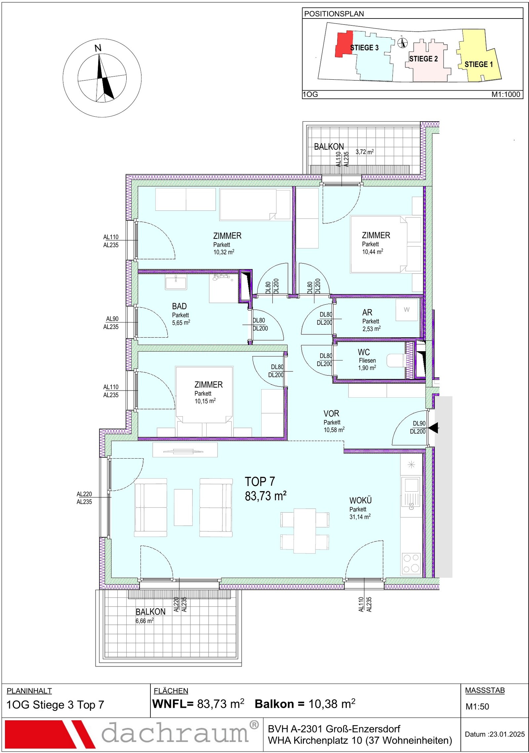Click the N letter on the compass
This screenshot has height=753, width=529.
(x=98, y=48)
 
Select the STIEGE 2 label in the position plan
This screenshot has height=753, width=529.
(x=423, y=59)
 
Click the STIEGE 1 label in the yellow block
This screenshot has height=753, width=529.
(x=478, y=64)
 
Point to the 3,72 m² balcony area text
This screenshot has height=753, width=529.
(x=365, y=152)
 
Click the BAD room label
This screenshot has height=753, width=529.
(x=179, y=306)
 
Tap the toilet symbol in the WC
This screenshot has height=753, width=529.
(x=396, y=360)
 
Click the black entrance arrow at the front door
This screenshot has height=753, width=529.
(x=433, y=428)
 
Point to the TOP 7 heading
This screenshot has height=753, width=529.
(x=260, y=481)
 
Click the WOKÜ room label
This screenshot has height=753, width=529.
(x=360, y=501)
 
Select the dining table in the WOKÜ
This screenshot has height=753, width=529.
(x=305, y=530)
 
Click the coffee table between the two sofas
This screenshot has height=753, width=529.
(x=183, y=507)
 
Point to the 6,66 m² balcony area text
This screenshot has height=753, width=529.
(x=144, y=621)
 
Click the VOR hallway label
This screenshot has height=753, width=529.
(x=331, y=413)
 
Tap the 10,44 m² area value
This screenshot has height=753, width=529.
(x=373, y=252)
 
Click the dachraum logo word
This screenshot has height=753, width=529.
(x=175, y=733)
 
